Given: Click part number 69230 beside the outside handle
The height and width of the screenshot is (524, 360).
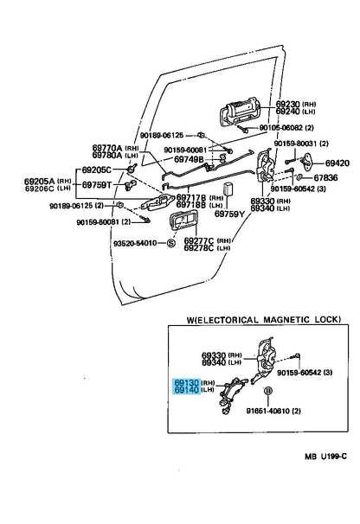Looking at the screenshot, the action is (x=287, y=104).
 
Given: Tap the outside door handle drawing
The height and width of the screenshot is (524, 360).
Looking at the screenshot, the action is (x=240, y=112).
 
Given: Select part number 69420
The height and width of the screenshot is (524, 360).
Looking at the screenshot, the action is (x=337, y=163).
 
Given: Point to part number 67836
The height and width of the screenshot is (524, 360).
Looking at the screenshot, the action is (x=325, y=178).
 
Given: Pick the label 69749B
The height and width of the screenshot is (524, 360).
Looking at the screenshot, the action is (x=189, y=160).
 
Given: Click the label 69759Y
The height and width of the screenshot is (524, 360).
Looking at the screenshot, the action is (x=229, y=214).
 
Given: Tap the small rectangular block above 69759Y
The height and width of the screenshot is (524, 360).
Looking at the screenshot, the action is (x=228, y=189).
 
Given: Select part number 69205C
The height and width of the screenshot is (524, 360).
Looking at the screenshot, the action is (x=96, y=170).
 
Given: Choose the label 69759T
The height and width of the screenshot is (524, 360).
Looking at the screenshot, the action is (x=96, y=185).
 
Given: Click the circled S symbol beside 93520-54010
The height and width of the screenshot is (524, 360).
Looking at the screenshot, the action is (x=171, y=243).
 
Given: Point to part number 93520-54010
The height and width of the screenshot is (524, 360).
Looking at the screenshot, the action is (x=135, y=243).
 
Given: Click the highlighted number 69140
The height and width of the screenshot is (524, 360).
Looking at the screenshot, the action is (x=187, y=390).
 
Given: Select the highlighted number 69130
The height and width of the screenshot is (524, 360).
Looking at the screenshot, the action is (x=187, y=383).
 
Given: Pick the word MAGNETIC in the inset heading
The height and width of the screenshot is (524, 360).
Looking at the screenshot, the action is (x=286, y=320).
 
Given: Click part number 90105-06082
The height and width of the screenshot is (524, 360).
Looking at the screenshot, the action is (x=282, y=128).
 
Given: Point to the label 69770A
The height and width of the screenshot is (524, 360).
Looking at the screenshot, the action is (x=107, y=148).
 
